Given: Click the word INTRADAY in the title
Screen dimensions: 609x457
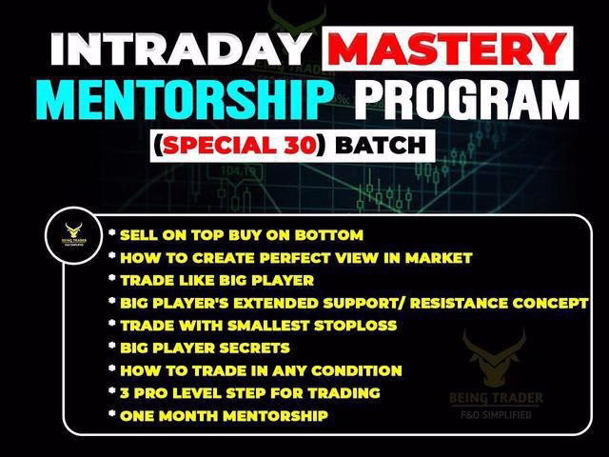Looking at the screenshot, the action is point(180,49).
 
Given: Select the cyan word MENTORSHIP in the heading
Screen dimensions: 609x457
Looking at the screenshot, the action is point(187,100).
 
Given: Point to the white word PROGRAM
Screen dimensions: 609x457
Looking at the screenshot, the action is point(467,99).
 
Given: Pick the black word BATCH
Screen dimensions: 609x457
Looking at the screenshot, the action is point(381,146).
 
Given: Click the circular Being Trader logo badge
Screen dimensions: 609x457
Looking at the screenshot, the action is point(74,236).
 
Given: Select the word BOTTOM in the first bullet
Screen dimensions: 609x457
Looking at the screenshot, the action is point(329,235).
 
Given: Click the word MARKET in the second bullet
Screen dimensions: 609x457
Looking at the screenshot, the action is point(439,258).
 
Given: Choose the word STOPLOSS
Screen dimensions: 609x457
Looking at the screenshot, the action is point(355,326).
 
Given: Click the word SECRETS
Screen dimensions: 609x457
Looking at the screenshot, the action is point(255,348).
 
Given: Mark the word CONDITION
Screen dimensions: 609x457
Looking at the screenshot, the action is point(357,370).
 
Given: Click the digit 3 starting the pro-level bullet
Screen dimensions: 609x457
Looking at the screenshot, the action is point(125,393).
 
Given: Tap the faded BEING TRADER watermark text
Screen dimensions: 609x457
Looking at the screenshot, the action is point(496,398).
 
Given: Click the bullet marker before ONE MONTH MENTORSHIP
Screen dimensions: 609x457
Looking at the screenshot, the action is point(112,413).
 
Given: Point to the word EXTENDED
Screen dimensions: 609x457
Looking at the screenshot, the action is point(275,303).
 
